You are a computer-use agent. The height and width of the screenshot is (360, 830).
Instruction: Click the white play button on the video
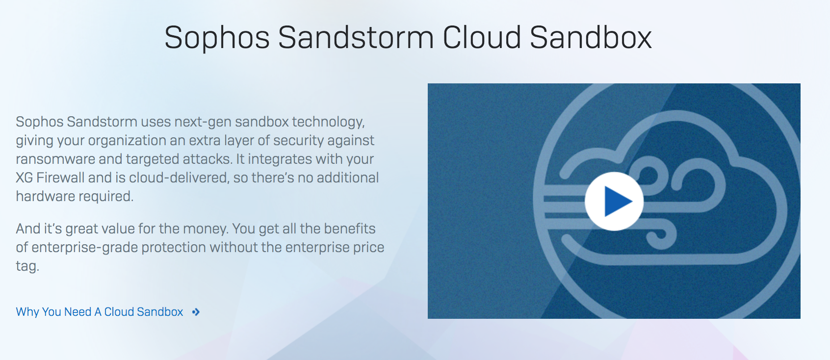coord(614,201)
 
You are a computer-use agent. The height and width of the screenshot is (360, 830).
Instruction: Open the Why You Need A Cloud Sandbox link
coord(99,312)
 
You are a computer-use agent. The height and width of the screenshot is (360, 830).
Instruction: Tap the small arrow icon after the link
coord(196,312)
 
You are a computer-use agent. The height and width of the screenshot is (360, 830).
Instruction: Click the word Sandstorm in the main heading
coord(356,37)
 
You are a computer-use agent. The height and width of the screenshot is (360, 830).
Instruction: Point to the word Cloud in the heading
coord(482,37)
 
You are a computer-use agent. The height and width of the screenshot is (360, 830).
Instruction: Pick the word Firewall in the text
coord(60,178)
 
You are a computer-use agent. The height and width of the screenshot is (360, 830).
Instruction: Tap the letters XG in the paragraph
coord(24,178)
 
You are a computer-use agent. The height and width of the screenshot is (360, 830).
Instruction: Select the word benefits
coord(349,229)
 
